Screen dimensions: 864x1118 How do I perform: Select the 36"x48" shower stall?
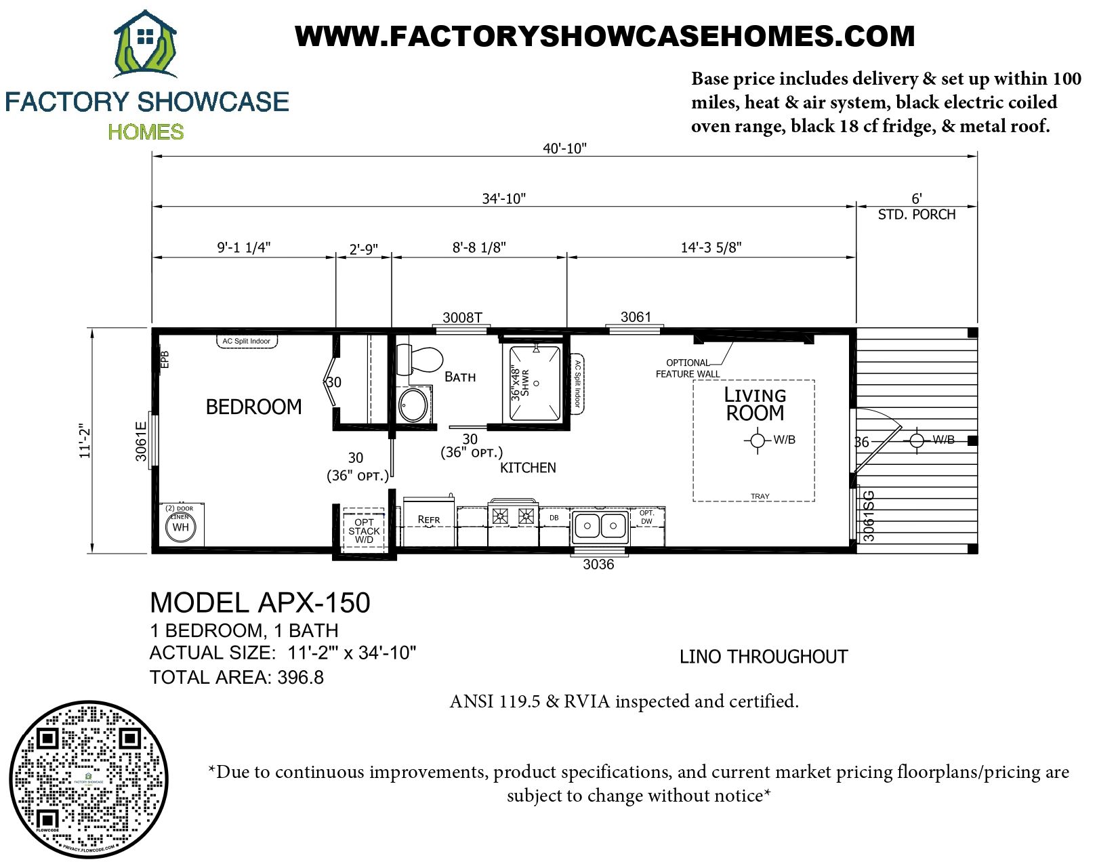point(535,384)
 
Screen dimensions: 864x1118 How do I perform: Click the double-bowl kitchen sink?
point(600,526)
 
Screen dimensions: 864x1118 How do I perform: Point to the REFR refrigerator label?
point(429,520)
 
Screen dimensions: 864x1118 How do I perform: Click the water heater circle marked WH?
point(180,527)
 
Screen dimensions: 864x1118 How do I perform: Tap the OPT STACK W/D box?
point(364,531)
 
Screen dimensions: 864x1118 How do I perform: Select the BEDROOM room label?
point(253,407)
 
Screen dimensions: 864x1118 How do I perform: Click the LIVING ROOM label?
point(755,404)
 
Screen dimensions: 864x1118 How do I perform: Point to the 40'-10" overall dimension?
point(564,148)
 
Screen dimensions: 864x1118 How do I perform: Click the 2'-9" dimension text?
point(363,249)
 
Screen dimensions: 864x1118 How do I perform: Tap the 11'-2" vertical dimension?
point(85,441)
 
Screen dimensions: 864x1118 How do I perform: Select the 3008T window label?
point(462,317)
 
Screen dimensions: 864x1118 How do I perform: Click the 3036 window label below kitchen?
point(598,564)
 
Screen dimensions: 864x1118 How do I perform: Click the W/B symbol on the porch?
point(917,440)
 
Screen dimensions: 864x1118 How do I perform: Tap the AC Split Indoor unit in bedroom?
point(247,342)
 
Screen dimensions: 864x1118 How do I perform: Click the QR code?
point(88,779)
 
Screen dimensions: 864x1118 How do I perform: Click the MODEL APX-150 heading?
point(260,602)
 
